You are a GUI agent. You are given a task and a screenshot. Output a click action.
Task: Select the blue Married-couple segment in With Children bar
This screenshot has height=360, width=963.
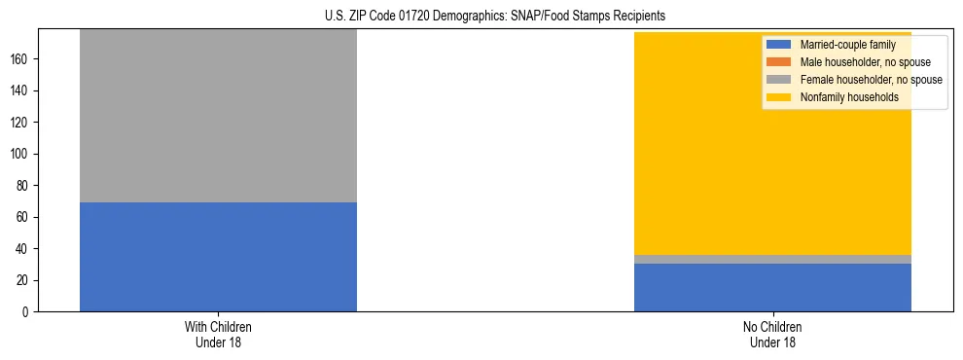tap(218, 257)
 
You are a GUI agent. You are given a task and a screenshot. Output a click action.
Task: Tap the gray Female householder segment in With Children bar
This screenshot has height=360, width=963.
tap(218, 116)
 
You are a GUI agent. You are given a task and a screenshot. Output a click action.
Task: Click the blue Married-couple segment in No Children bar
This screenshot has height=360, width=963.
tap(772, 287)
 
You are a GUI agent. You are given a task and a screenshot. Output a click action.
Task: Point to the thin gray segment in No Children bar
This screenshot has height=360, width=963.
tap(772, 259)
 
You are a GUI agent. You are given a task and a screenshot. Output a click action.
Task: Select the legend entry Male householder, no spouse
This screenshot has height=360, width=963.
tap(865, 62)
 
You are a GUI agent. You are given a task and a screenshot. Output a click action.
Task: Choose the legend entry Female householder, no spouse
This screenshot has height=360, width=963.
tap(871, 80)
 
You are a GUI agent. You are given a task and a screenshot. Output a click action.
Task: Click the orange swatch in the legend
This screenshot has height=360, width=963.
tap(779, 62)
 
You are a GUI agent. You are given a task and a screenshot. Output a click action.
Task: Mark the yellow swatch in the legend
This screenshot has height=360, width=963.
tap(779, 97)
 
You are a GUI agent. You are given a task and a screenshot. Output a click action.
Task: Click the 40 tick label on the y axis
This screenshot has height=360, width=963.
tap(23, 249)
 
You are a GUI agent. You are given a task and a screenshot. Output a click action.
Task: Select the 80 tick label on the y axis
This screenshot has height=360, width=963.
tap(23, 186)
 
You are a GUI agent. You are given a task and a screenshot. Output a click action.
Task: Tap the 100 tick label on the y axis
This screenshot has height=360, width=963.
tap(20, 154)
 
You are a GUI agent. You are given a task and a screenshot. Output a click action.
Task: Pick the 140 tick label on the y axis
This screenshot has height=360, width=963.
tap(20, 90)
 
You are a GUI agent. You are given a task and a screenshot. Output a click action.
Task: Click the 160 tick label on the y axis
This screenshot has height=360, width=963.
tap(20, 59)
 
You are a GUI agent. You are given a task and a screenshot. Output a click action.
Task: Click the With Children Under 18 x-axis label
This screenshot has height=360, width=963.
tap(218, 335)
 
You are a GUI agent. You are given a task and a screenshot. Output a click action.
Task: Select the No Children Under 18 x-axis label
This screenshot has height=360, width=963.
tap(772, 335)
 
